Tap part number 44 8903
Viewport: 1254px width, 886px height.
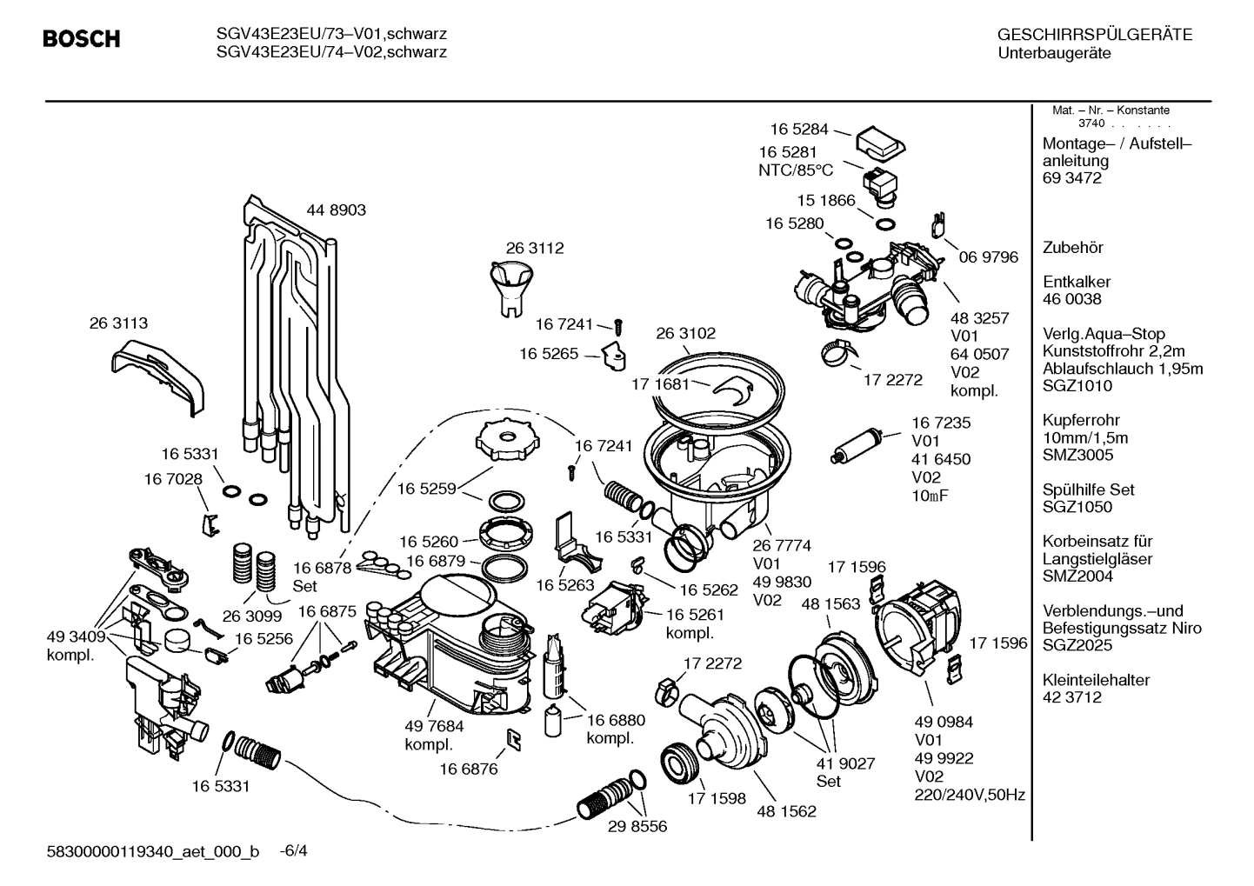pyautogui.click(x=336, y=210)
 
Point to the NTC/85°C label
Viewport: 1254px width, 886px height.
pyautogui.click(x=795, y=170)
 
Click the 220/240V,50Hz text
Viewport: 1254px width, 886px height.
pyautogui.click(x=969, y=795)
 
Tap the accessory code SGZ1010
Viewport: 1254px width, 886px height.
pyautogui.click(x=1077, y=386)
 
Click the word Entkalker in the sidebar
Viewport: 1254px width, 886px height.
pyautogui.click(x=1077, y=282)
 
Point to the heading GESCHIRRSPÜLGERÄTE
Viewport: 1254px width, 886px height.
pyautogui.click(x=1094, y=35)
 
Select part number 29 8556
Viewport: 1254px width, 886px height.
pyautogui.click(x=637, y=826)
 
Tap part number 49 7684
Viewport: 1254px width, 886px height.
pyautogui.click(x=434, y=726)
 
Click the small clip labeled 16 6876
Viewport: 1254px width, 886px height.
pyautogui.click(x=514, y=738)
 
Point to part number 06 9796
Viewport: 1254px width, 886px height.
pyautogui.click(x=988, y=257)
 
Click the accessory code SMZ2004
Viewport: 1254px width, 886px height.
pyautogui.click(x=1077, y=576)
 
